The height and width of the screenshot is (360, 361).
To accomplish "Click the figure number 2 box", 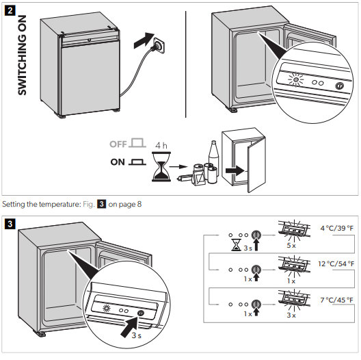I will coord(10,12).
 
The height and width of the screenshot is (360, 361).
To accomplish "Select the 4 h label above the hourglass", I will coord(161,146).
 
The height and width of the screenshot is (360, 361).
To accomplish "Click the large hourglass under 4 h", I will coord(161,168).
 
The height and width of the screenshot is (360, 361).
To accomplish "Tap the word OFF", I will coord(118,144).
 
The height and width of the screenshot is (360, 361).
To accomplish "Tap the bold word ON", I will coord(118,163).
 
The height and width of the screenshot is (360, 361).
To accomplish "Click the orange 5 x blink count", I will coord(290,244).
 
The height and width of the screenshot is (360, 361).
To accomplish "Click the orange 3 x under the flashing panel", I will coord(290,315).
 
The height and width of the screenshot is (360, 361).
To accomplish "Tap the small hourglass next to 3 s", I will coord(236,243).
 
